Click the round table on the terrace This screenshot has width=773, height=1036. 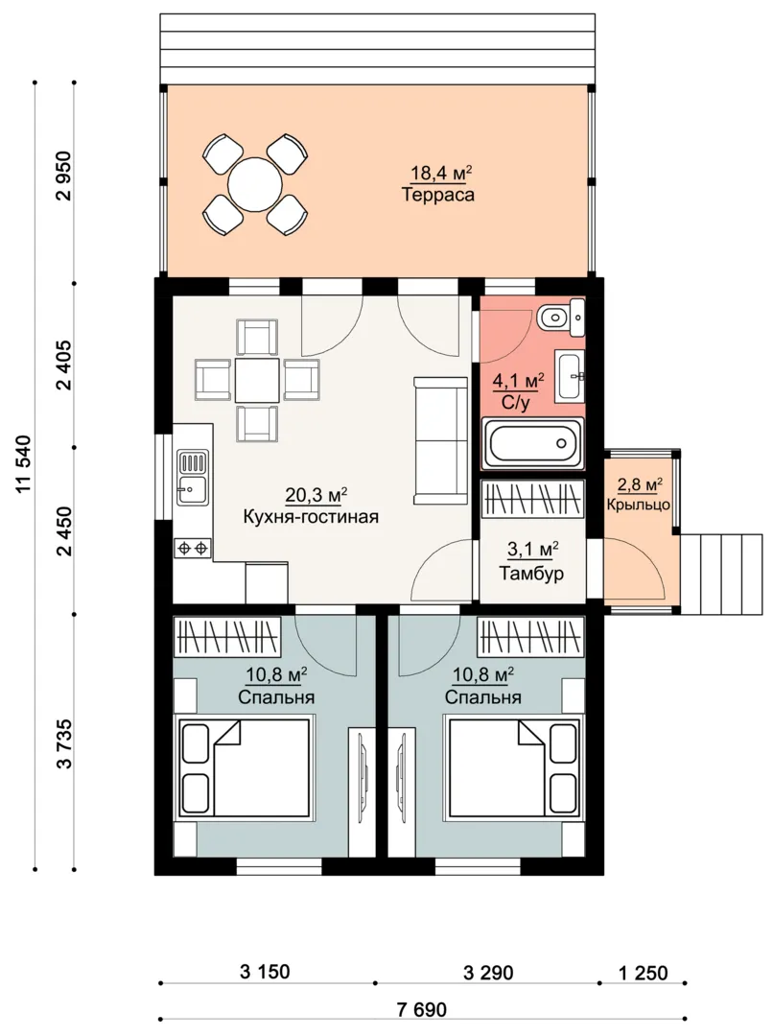click(x=255, y=183)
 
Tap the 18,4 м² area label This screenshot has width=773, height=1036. click(x=441, y=173)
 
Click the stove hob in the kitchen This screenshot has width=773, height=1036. click(x=192, y=548)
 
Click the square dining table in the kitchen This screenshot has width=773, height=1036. click(x=257, y=380)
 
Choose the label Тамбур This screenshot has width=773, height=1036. click(x=531, y=573)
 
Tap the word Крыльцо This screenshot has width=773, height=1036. click(x=638, y=505)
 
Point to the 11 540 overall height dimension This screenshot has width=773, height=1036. click(x=24, y=464)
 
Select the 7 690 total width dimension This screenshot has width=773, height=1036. click(x=422, y=1009)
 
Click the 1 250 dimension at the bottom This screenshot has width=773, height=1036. click(x=643, y=973)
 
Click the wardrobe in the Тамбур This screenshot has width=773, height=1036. click(x=532, y=499)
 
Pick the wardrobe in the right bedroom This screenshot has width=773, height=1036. click(x=531, y=636)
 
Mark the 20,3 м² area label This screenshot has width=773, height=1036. click(x=316, y=495)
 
